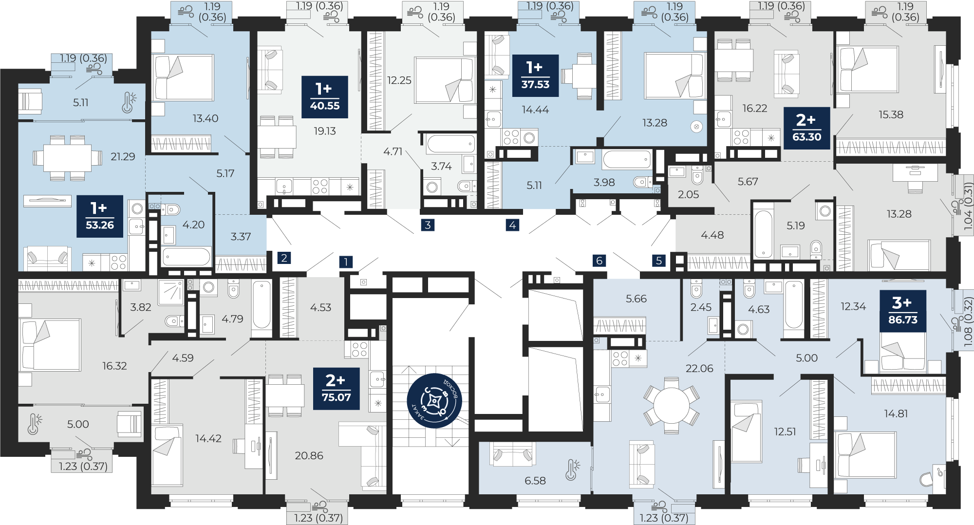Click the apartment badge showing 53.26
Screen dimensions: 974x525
(100, 216)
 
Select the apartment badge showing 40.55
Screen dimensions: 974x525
(325, 97)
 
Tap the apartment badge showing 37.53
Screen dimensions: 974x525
(535, 75)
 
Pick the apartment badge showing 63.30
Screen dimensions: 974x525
(806, 128)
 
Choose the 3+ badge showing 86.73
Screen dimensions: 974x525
(902, 311)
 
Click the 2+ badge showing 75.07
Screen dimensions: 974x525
(336, 389)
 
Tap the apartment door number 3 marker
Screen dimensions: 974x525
(428, 225)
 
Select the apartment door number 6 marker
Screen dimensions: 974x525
(599, 261)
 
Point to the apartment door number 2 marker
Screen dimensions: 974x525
(284, 258)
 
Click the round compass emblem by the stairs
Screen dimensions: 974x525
(434, 401)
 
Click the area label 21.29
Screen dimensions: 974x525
(123, 156)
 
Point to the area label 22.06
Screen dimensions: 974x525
(699, 368)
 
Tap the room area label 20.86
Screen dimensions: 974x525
(309, 455)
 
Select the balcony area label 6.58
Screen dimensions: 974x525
(535, 481)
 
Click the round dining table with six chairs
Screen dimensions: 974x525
(672, 405)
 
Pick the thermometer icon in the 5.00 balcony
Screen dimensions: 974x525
(34, 424)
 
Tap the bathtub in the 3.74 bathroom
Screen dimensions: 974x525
(451, 144)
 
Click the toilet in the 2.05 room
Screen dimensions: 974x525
(697, 175)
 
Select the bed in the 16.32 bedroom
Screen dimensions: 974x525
(50, 345)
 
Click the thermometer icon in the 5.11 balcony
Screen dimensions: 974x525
(129, 102)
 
